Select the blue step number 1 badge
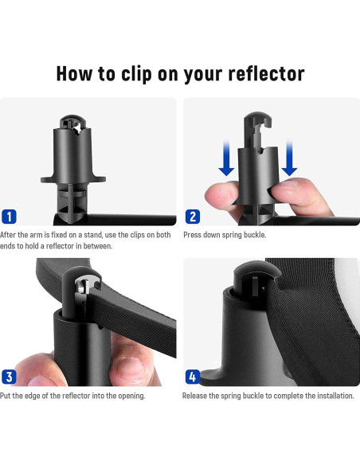(10, 216)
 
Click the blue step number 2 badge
(193, 216)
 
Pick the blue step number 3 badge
(10, 377)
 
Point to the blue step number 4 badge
(193, 377)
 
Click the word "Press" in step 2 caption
(192, 235)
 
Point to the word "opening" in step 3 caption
(129, 396)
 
